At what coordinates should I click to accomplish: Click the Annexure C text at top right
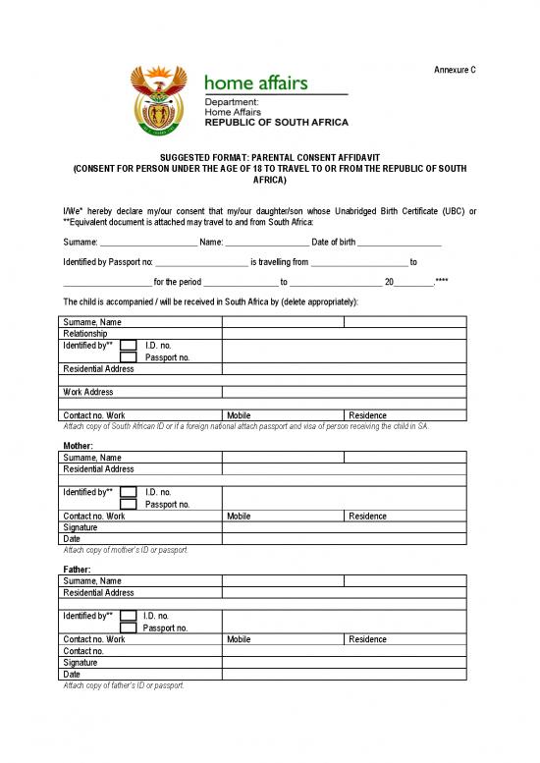coord(455,69)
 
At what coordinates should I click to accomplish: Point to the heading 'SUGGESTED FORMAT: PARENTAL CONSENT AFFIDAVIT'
coord(270,157)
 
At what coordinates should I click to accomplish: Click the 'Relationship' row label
coord(85,334)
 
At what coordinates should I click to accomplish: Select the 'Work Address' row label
coord(88,392)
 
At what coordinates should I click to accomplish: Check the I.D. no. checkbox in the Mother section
coord(128,492)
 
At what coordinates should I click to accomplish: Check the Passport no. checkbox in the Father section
coord(128,627)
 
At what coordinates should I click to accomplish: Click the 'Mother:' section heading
coord(78,445)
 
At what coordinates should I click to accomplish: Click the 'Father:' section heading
coord(77,570)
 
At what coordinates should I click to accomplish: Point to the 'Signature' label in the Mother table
coord(81,527)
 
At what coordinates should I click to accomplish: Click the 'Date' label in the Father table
coord(72,675)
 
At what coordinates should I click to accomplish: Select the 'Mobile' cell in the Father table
coord(239,639)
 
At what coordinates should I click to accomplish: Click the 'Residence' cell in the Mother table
coord(367,516)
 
